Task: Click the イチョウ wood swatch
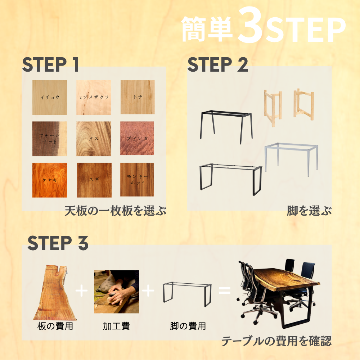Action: tap(50, 97)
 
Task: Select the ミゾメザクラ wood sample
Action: tap(94, 97)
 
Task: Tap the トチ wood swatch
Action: tap(137, 97)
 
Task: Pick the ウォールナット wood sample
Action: tap(50, 139)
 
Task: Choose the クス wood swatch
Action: tap(94, 139)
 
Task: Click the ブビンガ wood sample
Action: tap(137, 139)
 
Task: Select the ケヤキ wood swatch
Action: tap(50, 180)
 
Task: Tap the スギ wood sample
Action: tap(94, 180)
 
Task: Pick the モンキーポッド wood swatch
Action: tap(137, 180)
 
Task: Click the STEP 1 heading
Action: tap(50, 64)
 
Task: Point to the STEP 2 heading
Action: tap(218, 64)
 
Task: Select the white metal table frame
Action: tap(292, 158)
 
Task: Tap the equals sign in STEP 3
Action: tap(225, 290)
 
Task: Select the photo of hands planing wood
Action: tap(116, 292)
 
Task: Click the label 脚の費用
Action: tap(188, 327)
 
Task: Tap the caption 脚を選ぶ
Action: tap(309, 211)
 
